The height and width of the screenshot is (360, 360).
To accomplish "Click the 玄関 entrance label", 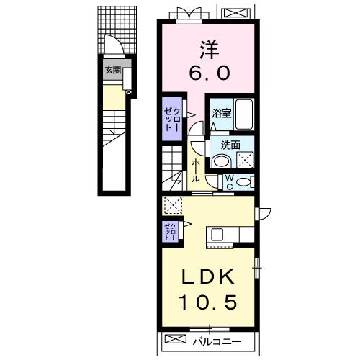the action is pos(113,71).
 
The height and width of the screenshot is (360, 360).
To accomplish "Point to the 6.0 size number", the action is pos(210,73).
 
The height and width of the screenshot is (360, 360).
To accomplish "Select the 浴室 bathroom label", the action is pos(222,113).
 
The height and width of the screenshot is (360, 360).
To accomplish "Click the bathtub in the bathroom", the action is pos(244,114).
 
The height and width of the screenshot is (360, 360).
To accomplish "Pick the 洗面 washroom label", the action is pos(230,145).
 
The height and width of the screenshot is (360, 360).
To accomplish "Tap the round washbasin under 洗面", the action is pos(222,161).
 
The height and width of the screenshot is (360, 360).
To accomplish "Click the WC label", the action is pos(229,182).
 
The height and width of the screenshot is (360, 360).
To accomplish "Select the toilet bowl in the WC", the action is pos(243,182).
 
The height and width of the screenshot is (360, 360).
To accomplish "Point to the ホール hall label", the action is pos(196,170).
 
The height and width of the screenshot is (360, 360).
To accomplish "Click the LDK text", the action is pos(207,276).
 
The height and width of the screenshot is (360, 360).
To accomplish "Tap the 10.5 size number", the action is pos(208,302).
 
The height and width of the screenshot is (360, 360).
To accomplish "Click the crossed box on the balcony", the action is pos(176,338).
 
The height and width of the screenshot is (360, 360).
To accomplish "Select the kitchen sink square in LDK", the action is pos(217,234).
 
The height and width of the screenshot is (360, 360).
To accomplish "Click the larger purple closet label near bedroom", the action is pos(171,119).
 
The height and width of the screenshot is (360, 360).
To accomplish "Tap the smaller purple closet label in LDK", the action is pos(171,232).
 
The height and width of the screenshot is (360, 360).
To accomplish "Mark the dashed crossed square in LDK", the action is pos(173,205).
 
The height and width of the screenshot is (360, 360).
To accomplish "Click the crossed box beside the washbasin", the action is pos(245,160).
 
